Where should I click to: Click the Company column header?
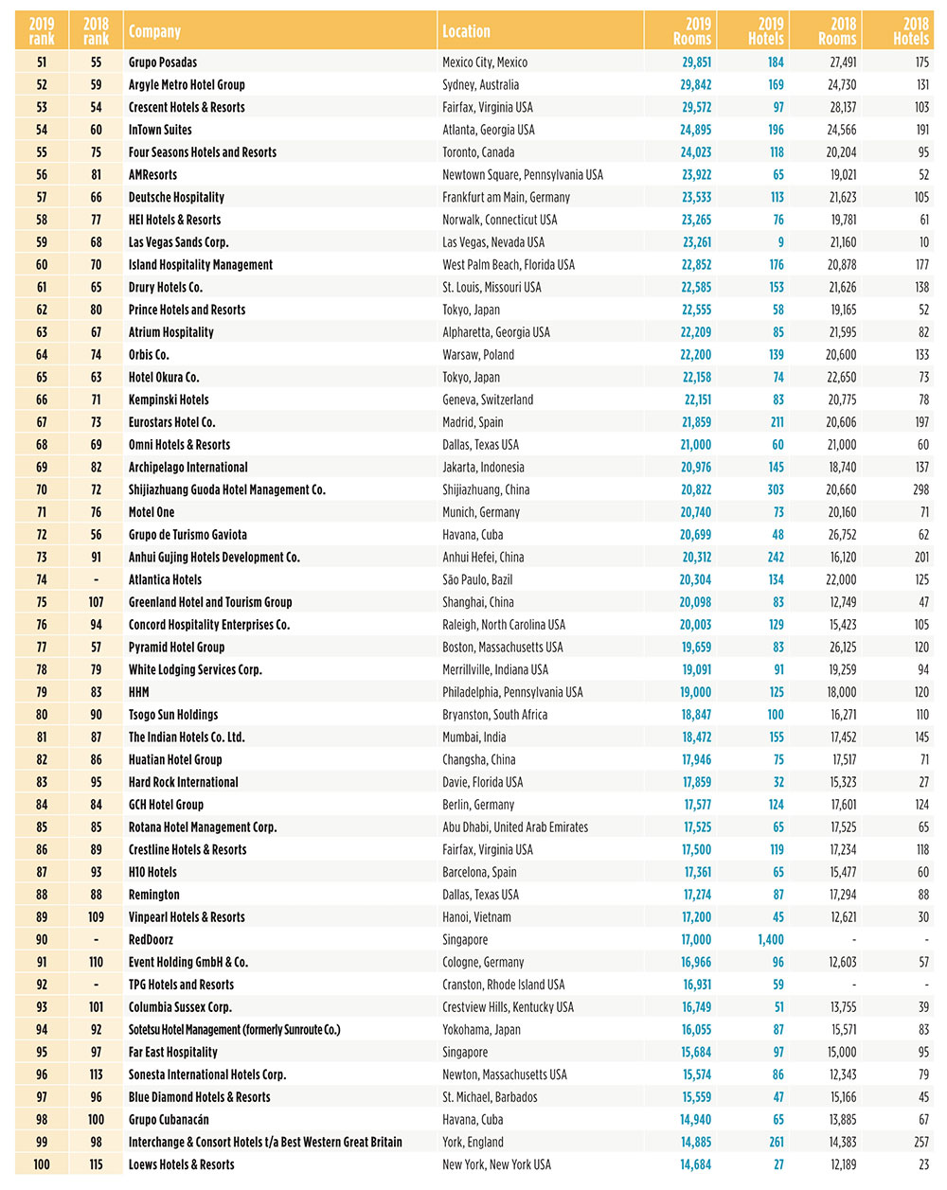coord(154,31)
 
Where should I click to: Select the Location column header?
coord(466,31)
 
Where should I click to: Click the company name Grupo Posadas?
coord(163,62)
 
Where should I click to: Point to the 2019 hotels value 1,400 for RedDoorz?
coord(770,940)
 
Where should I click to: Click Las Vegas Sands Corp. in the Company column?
coord(178,242)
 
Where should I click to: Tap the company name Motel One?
coord(152,512)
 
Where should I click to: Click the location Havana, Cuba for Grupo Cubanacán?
coord(473,1120)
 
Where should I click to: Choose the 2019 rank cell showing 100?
coord(42,1164)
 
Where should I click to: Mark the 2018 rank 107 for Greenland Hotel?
coord(96,602)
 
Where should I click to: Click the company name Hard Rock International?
coord(184,782)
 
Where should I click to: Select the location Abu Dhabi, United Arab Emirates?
coord(515,827)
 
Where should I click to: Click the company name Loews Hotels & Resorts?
coord(182,1164)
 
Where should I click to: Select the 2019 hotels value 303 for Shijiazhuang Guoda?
coord(776,489)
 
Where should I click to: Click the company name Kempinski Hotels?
coord(169,400)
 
